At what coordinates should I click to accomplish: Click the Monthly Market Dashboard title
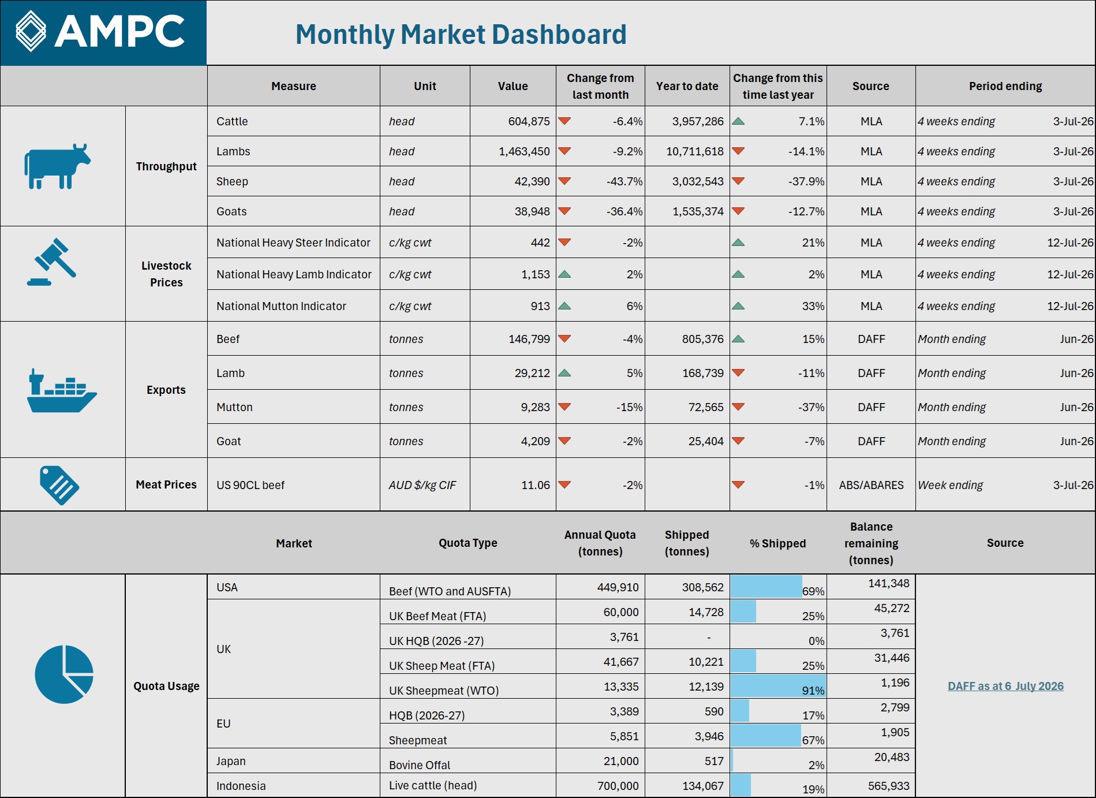[461, 34]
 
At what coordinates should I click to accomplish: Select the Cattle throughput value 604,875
[529, 121]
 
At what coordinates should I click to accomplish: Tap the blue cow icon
[57, 166]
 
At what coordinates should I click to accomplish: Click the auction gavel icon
[51, 262]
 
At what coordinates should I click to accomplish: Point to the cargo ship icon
[62, 390]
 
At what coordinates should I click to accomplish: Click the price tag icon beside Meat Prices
[59, 485]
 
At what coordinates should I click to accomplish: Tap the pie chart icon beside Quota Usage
[64, 674]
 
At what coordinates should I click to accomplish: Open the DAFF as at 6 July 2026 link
[1005, 686]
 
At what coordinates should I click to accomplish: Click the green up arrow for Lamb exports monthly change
[564, 373]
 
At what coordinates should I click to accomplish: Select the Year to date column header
[687, 86]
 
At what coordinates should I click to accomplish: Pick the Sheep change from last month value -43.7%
[624, 181]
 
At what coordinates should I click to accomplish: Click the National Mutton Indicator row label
[281, 306]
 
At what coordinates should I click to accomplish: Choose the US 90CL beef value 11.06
[536, 485]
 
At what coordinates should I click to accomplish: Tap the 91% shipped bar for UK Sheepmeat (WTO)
[777, 686]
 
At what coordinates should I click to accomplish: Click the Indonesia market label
[241, 786]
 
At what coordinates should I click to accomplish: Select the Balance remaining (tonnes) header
[871, 543]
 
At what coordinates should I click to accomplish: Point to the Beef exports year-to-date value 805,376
[702, 339]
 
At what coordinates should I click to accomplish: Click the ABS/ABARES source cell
[871, 485]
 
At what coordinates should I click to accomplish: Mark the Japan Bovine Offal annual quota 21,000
[621, 761]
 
